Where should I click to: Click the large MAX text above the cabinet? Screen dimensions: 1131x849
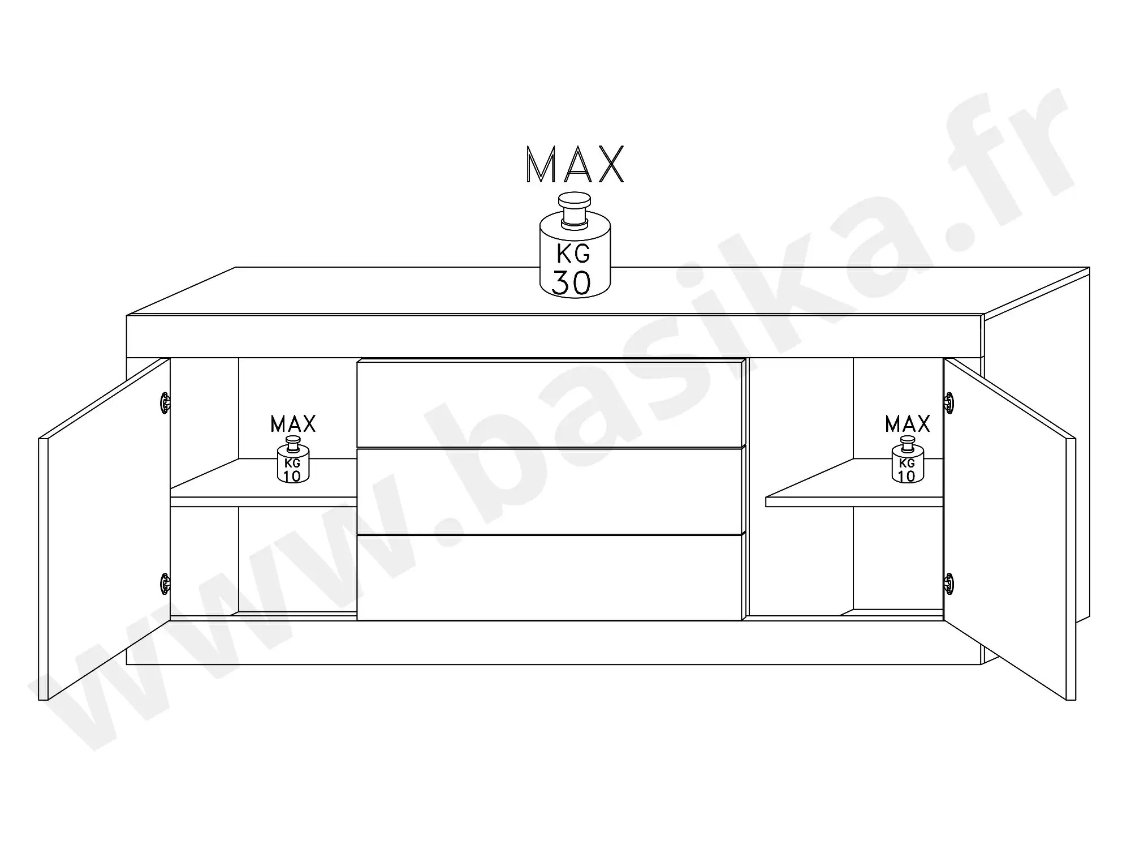575,165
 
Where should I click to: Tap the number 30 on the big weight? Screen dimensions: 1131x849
571,283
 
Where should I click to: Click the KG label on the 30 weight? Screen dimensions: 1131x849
573,254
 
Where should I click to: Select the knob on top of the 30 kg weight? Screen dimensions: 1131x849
575,210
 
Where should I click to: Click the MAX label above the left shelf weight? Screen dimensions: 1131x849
293,424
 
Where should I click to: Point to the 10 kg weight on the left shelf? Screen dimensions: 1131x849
293,460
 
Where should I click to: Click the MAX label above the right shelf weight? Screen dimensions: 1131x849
908,424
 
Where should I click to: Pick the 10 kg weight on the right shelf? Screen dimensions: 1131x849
908,460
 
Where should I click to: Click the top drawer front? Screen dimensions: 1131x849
550,404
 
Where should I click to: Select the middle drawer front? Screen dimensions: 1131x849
550,491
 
